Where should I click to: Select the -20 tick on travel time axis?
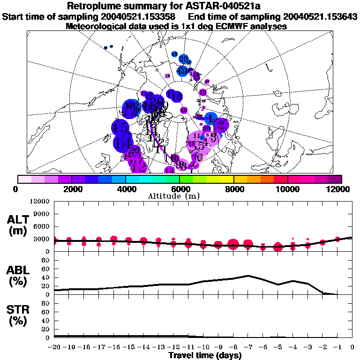[54, 347]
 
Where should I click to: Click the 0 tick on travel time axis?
[352, 347]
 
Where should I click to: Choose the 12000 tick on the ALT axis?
[40, 202]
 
